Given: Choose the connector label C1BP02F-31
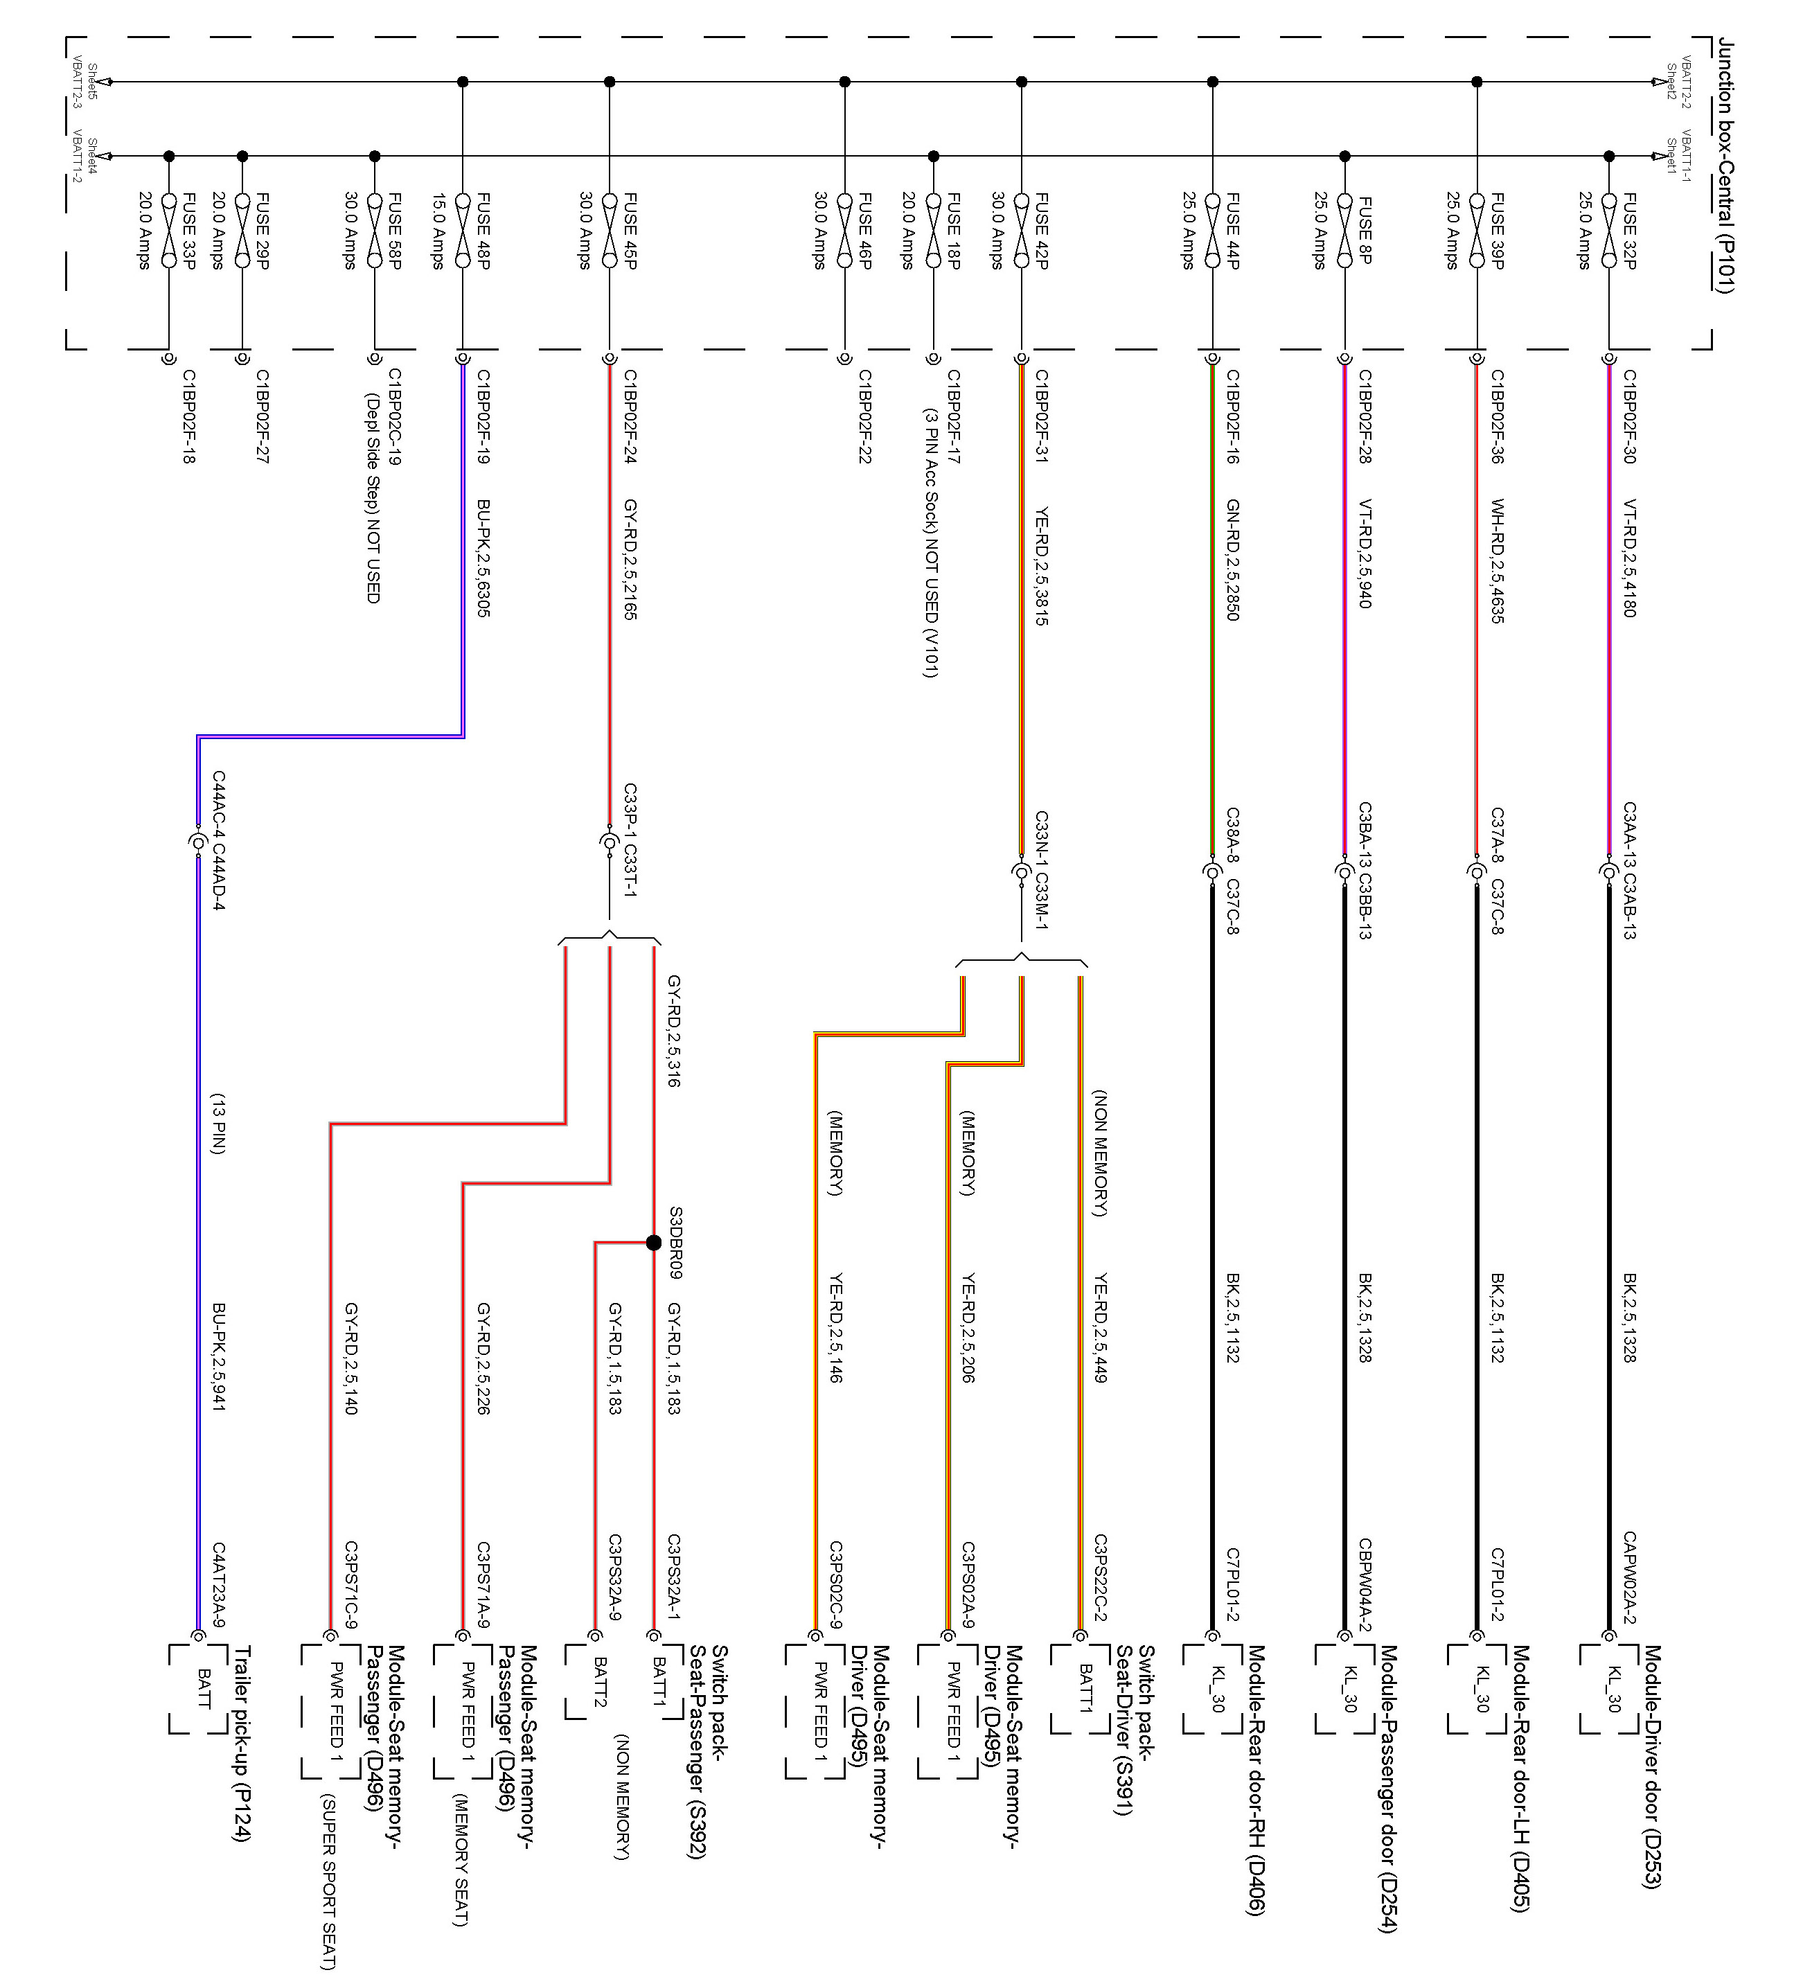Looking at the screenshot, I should [x=1041, y=417].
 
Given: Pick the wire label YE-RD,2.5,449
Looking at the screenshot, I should [x=1100, y=1328].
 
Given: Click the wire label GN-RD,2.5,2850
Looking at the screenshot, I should [x=1232, y=559].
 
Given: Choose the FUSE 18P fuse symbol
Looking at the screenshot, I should [x=932, y=229].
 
